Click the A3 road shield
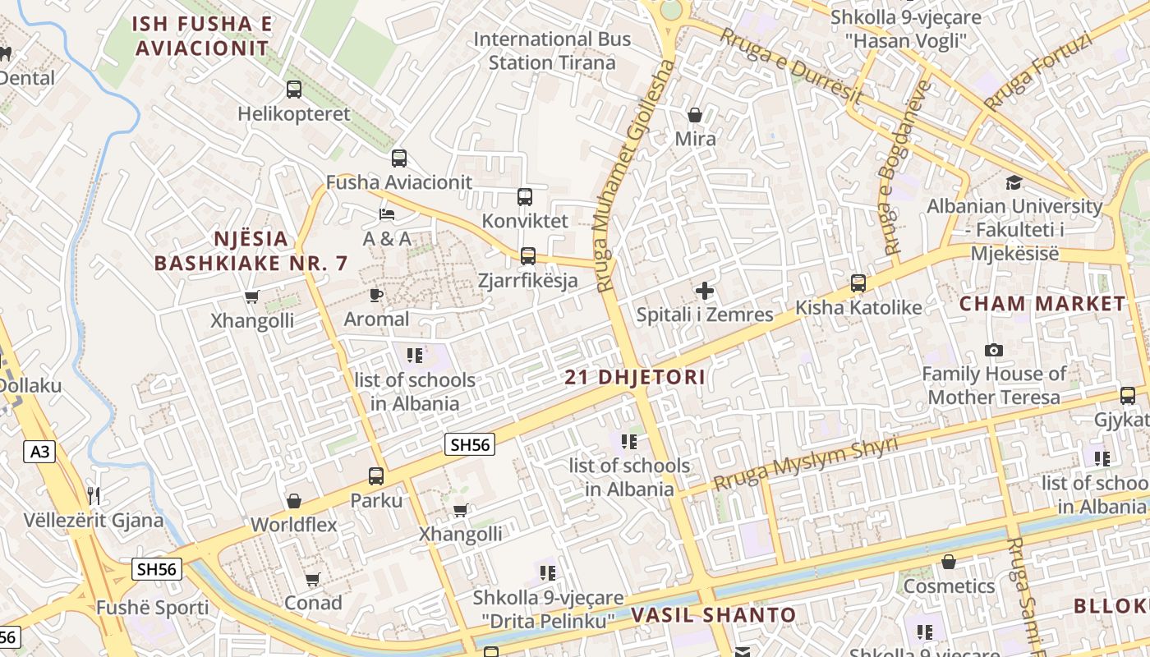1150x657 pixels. pos(39,451)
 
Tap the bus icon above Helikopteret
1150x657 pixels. pos(293,90)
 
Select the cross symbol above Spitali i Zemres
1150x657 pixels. pos(704,291)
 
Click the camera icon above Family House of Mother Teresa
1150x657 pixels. pos(993,351)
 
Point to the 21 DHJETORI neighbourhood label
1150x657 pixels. pos(635,378)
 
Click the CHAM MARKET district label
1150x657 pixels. pos(1043,304)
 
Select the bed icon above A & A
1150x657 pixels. pos(386,214)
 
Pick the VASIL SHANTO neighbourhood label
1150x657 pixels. pos(713,615)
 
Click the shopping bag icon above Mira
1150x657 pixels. pos(695,115)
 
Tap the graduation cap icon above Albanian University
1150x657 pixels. pos(1014,182)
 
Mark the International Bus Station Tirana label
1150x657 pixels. pos(552,51)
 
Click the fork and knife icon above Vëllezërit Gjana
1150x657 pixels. pos(94,495)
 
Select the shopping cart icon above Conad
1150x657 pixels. pos(312,580)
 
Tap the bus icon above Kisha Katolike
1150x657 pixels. pos(858,283)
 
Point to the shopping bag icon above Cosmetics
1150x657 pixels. pos(948,563)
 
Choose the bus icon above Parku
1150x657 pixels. pos(375,476)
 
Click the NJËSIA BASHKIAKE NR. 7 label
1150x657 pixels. pos(251,251)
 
